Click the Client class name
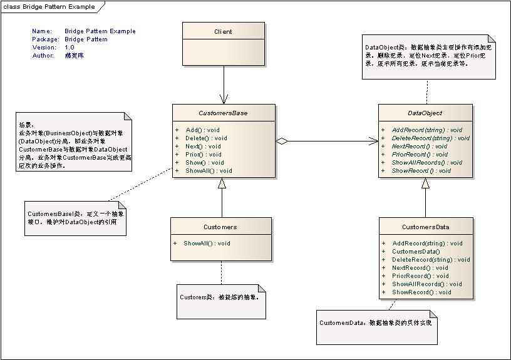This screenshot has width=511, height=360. [x=223, y=31]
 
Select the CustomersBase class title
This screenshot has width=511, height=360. [x=223, y=113]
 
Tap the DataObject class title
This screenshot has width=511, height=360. [x=425, y=113]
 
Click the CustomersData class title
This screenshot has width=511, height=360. [x=425, y=227]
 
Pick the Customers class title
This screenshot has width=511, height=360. [x=220, y=227]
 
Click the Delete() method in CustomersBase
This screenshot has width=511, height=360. [x=206, y=138]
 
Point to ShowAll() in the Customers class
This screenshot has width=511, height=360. [x=207, y=243]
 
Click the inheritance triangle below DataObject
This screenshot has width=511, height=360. [x=425, y=183]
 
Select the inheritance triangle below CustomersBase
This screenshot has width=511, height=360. [x=221, y=183]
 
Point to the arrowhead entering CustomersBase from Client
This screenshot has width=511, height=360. [x=223, y=100]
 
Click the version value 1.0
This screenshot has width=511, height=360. [x=69, y=47]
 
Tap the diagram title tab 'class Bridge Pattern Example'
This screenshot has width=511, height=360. [x=50, y=7]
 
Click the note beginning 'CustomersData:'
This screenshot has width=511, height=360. [x=376, y=325]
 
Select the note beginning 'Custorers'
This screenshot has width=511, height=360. [x=219, y=298]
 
